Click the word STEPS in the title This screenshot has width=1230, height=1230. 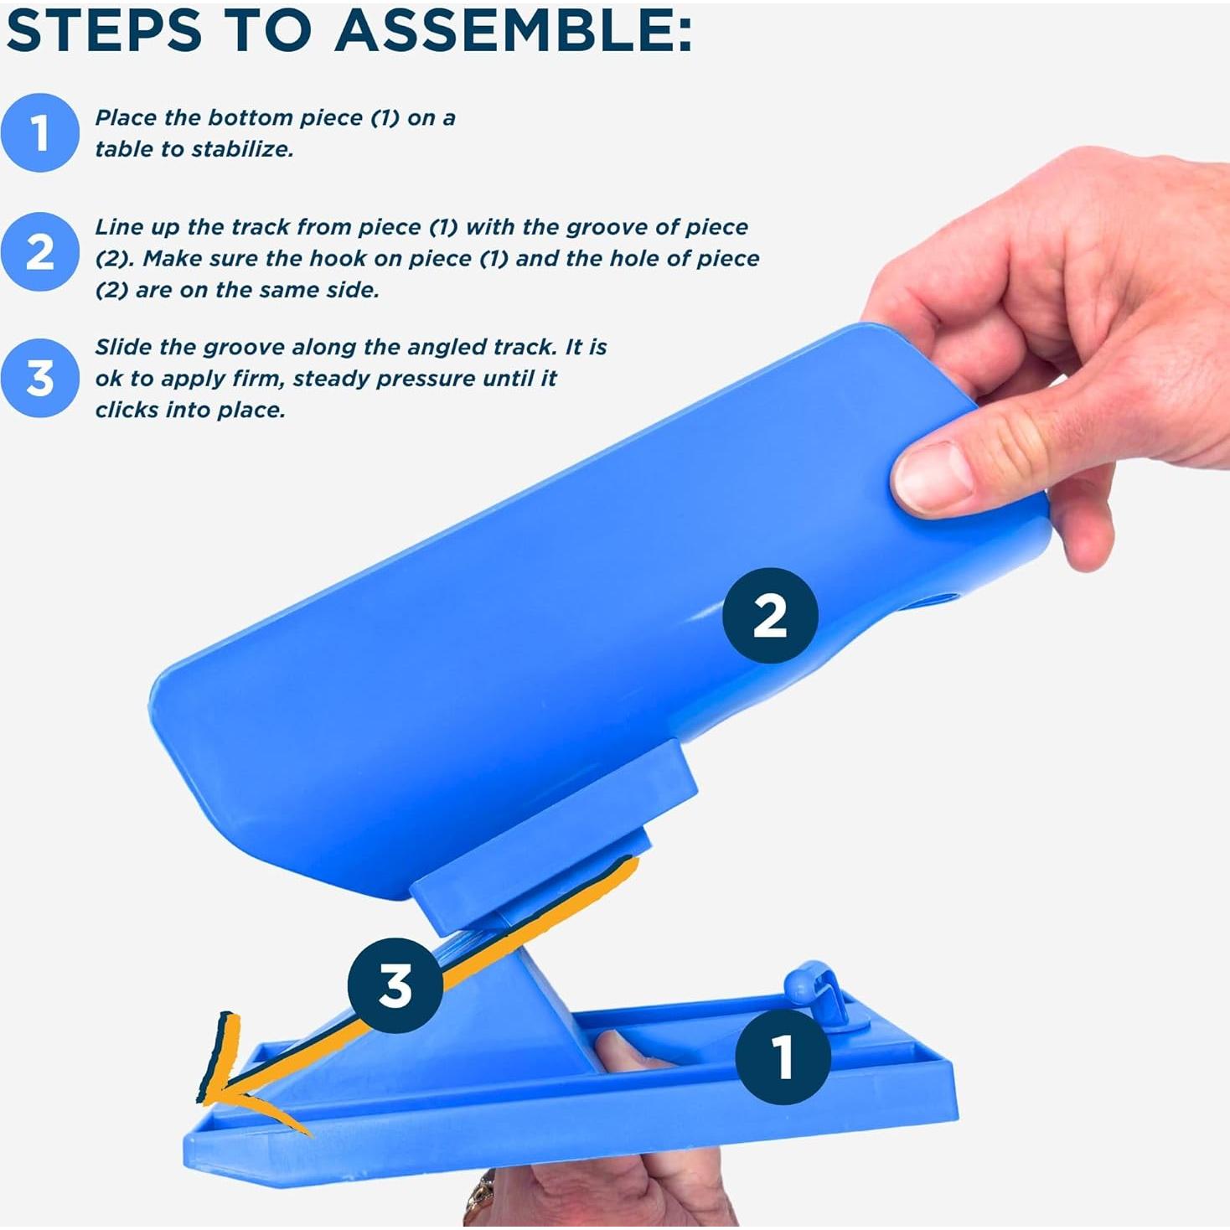[104, 31]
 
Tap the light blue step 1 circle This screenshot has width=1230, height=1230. [39, 133]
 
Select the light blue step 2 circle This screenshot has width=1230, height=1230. [39, 251]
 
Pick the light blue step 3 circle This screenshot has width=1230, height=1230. [39, 378]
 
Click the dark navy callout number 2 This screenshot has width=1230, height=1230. [769, 616]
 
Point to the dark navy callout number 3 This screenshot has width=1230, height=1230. [395, 985]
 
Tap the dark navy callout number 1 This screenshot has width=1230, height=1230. [783, 1057]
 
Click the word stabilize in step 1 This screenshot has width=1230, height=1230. [242, 150]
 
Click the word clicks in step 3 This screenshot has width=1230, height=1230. [122, 411]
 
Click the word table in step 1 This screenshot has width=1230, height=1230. [124, 150]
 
